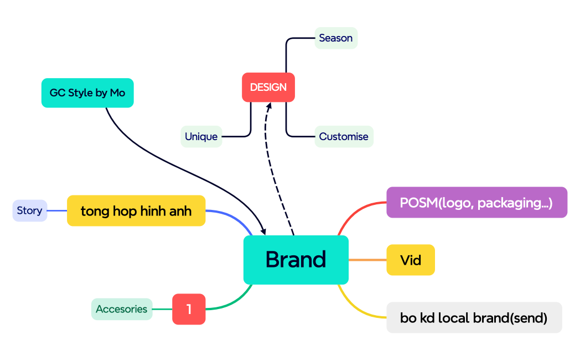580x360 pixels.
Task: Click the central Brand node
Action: click(x=296, y=260)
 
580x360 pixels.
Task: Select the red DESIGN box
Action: click(x=268, y=88)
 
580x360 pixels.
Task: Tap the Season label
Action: click(x=336, y=38)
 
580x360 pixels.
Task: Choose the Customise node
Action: click(x=344, y=137)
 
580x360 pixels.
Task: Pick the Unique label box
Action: click(x=201, y=137)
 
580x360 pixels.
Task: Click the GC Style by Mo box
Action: click(x=87, y=93)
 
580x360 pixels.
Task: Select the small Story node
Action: click(x=30, y=210)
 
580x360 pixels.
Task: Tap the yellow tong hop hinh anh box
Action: click(x=136, y=211)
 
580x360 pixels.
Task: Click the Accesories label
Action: click(x=122, y=309)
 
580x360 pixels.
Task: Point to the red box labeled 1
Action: click(x=189, y=309)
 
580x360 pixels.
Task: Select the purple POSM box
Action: click(x=477, y=203)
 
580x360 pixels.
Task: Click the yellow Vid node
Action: click(x=411, y=260)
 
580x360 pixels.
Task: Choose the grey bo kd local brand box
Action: click(x=474, y=318)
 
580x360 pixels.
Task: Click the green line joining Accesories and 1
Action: click(x=162, y=309)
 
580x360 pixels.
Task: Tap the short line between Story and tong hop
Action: click(x=57, y=210)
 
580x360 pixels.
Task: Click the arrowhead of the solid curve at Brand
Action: click(x=262, y=230)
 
